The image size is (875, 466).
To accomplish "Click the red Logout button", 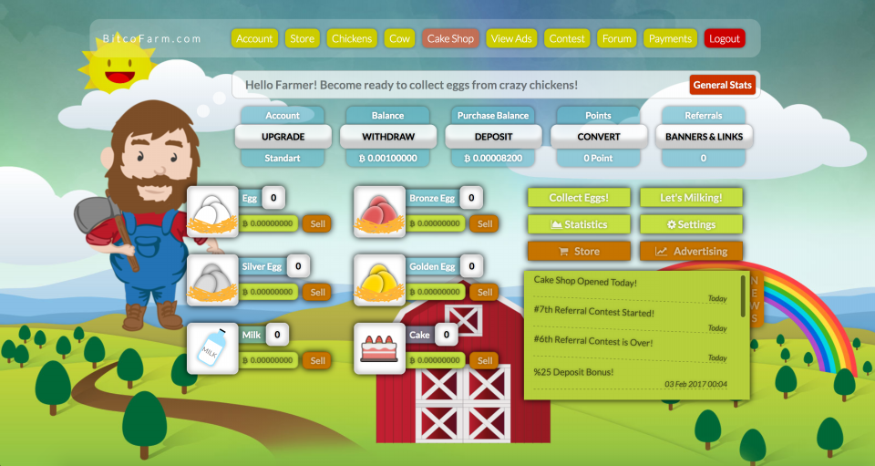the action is coord(725,38).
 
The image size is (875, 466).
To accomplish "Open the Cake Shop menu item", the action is coord(450,38).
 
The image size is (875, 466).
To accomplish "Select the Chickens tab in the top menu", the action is coord(352,38).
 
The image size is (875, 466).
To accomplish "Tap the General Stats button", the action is coord(722,85).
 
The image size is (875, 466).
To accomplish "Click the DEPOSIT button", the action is coord(493,137).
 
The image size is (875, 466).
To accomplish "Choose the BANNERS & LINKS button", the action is coord(704,137).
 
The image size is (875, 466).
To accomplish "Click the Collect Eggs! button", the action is coord(579,198).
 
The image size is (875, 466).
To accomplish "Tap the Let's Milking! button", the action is coord(691,198).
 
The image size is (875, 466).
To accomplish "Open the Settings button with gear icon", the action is coord(691,224).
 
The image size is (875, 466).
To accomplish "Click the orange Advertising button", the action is coord(691,251).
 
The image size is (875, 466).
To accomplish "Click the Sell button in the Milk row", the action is coord(317,360).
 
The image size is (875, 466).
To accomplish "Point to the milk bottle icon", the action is coord(212,348).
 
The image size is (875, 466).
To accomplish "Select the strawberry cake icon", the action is coord(379,348).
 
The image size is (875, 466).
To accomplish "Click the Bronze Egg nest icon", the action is coord(379,212).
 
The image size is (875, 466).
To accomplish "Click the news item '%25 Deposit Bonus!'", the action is coord(573,372).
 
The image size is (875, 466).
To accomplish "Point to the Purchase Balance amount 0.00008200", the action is coord(493,158).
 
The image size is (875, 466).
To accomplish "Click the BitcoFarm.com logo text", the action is coord(152,38).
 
